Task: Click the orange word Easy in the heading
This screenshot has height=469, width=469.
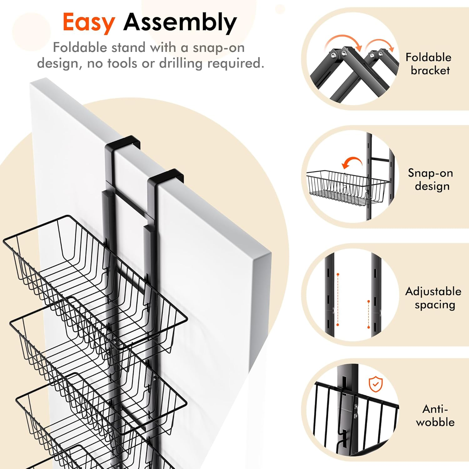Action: [89, 23]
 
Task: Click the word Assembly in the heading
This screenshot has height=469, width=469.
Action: [180, 23]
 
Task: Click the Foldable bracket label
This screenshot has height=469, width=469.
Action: [429, 64]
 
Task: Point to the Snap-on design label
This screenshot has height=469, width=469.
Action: [431, 179]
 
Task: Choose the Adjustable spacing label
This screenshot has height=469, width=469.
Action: [433, 298]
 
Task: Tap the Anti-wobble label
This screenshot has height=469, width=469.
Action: [435, 416]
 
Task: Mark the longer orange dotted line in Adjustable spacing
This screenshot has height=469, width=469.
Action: [338, 300]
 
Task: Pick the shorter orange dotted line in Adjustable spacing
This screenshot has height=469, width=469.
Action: [369, 314]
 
